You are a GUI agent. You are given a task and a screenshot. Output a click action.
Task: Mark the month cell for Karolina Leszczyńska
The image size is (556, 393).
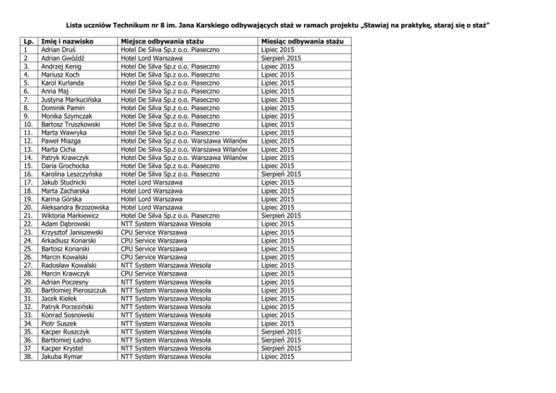coord(281,174)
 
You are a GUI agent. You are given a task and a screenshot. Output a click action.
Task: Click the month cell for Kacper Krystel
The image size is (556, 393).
coord(281,348)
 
